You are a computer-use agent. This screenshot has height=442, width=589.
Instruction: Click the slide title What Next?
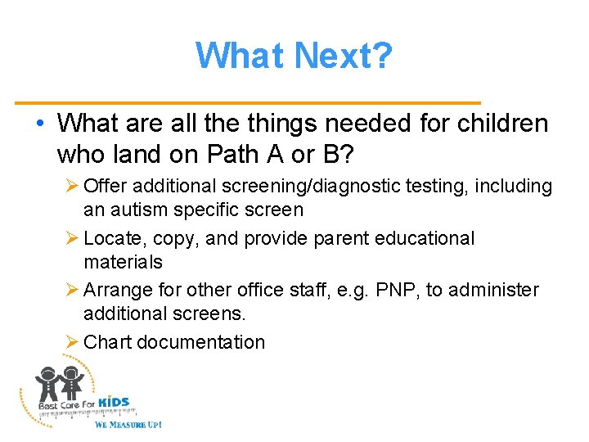294,56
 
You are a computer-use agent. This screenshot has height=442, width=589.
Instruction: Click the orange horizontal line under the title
248,102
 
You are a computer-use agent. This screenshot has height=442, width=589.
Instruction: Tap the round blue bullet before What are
40,124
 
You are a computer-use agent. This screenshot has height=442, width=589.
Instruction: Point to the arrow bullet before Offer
71,187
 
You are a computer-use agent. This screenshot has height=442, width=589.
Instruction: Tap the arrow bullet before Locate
71,239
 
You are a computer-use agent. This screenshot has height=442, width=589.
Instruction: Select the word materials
123,262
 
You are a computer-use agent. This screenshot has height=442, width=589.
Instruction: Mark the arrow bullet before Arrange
71,291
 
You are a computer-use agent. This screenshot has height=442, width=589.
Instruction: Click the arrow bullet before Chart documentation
71,342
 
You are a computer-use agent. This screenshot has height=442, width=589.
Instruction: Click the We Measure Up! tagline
128,425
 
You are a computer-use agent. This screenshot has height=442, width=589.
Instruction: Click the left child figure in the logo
47,385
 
